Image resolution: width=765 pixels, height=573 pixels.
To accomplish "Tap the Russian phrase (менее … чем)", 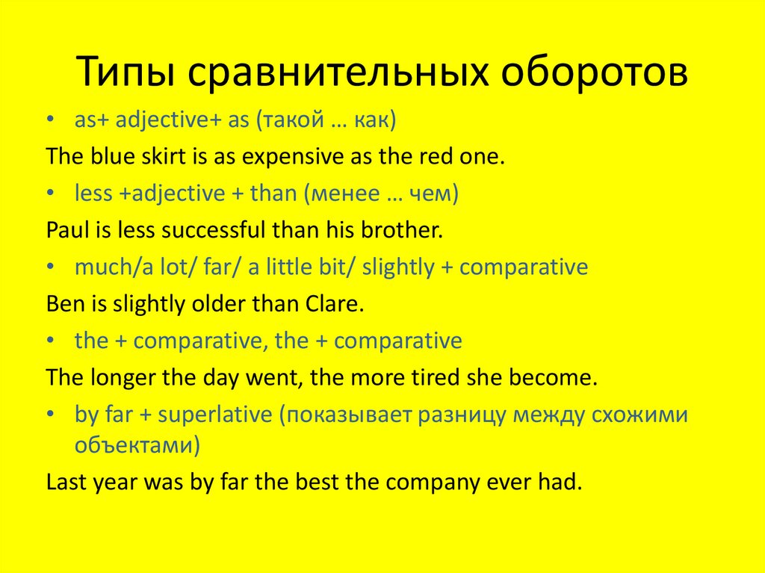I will tap(380, 194).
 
